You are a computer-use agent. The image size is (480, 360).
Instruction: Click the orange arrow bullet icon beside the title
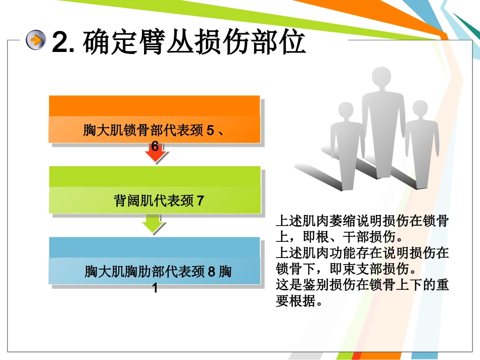[x=36, y=40]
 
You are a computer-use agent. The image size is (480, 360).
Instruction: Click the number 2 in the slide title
[x=60, y=42]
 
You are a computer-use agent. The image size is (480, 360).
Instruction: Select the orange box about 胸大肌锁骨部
[x=155, y=119]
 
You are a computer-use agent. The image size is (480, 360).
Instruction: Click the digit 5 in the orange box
[x=210, y=130]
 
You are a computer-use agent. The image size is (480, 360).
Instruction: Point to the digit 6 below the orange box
[x=155, y=146]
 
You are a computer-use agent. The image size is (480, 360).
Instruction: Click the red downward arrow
[x=156, y=154]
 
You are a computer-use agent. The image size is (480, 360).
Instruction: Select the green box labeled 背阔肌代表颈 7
[x=155, y=190]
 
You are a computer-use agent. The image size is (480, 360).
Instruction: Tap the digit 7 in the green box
[x=200, y=201]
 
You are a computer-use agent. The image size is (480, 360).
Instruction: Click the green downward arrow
[x=154, y=224]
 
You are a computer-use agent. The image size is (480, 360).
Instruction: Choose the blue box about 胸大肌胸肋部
[x=155, y=261]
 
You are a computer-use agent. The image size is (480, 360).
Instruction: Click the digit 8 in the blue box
[x=212, y=272]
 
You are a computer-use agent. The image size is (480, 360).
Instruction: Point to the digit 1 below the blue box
[x=155, y=288]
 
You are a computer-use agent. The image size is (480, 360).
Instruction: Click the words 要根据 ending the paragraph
[x=296, y=300]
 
